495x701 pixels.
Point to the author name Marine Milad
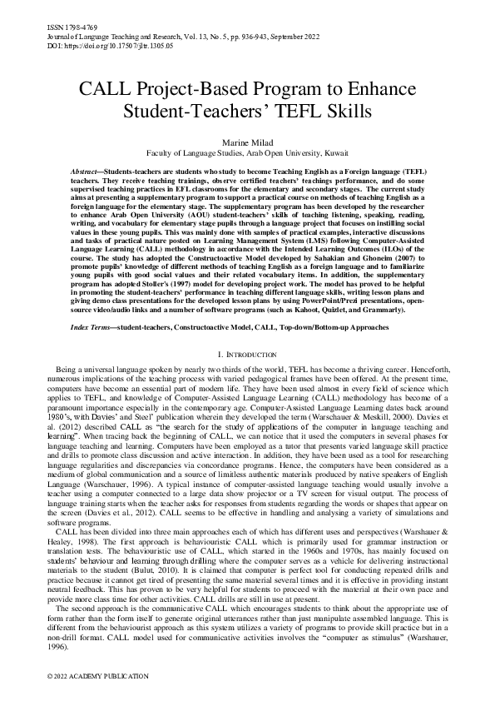click(x=247, y=142)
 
